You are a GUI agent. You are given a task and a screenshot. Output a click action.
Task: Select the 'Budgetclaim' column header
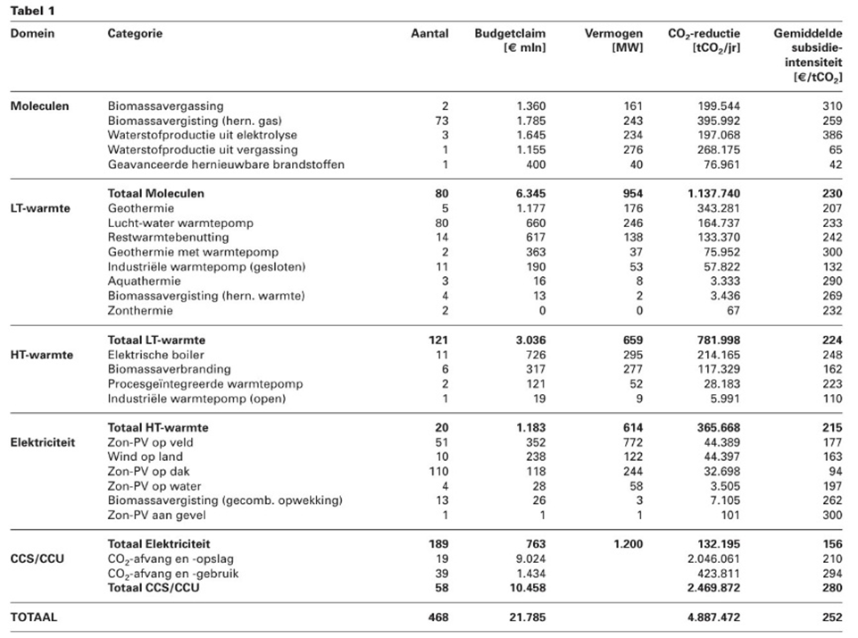[510, 33]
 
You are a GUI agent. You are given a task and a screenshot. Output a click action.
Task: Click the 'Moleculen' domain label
[39, 105]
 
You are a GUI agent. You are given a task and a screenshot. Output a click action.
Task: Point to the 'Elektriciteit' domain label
[44, 441]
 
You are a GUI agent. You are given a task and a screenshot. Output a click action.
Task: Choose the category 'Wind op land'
[145, 457]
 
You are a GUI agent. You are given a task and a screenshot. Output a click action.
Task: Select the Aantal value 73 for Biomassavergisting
[443, 120]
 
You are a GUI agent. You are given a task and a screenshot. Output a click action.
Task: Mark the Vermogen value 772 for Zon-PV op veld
[632, 441]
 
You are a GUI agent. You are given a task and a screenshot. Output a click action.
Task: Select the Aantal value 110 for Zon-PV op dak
[439, 471]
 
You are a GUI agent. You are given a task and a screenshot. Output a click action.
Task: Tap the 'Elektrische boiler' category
[155, 354]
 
